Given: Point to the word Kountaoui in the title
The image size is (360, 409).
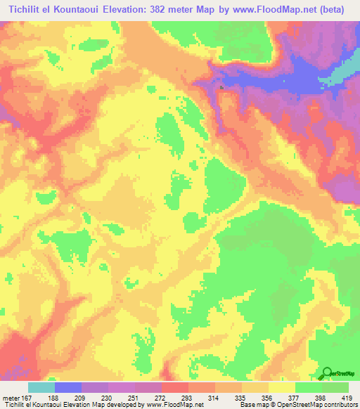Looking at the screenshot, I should tap(80, 9).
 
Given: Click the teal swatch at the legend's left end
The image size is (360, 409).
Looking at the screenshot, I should tap(41, 387).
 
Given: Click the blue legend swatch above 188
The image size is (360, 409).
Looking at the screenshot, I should tap(68, 387).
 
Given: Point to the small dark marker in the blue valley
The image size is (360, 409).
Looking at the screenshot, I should tap(221, 88).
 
